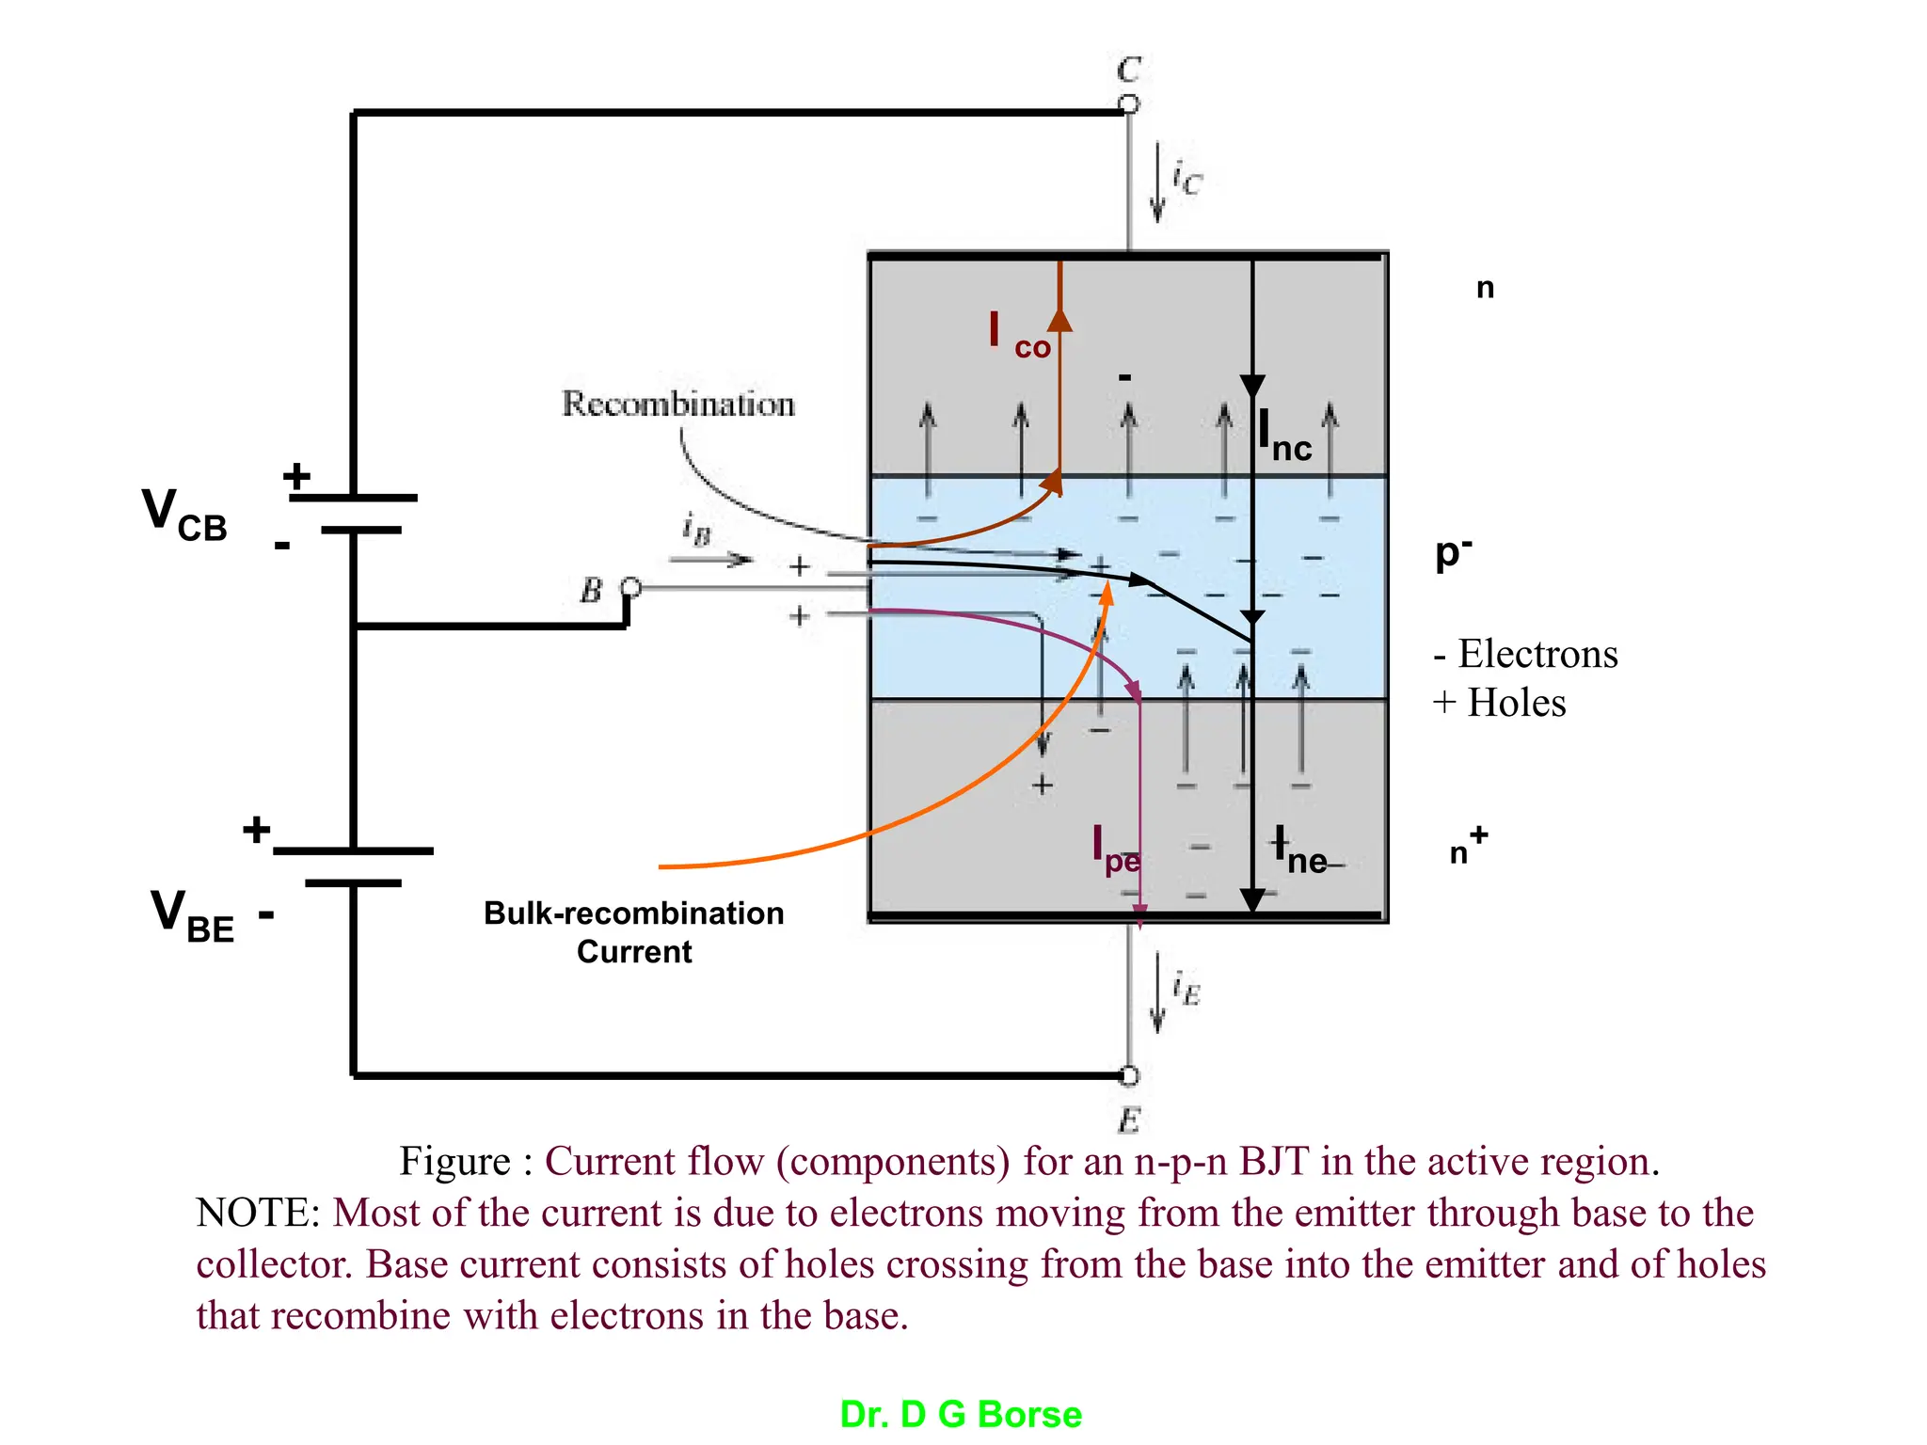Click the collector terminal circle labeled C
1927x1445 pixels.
point(1129,104)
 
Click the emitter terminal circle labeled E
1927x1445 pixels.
point(1129,1075)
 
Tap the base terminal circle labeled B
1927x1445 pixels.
point(631,588)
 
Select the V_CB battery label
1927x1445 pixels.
point(184,516)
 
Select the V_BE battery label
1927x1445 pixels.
point(192,915)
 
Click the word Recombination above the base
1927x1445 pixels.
point(677,405)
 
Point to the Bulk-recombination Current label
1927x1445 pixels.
point(633,931)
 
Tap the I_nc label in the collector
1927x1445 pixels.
point(1284,437)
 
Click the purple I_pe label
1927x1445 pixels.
point(1116,850)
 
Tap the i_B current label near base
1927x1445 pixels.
point(696,529)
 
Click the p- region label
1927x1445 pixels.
point(1453,553)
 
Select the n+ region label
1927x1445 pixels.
point(1467,846)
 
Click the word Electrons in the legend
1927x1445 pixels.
point(1537,654)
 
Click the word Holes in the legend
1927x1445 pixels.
point(1516,703)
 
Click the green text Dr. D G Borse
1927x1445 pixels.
point(961,1414)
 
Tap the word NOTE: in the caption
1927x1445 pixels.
point(259,1213)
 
